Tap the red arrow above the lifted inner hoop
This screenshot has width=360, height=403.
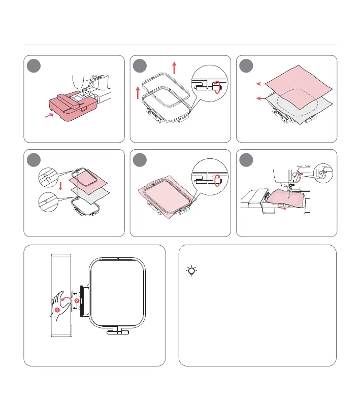[x=174, y=68]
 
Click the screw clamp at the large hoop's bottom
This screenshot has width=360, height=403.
[x=118, y=330]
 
